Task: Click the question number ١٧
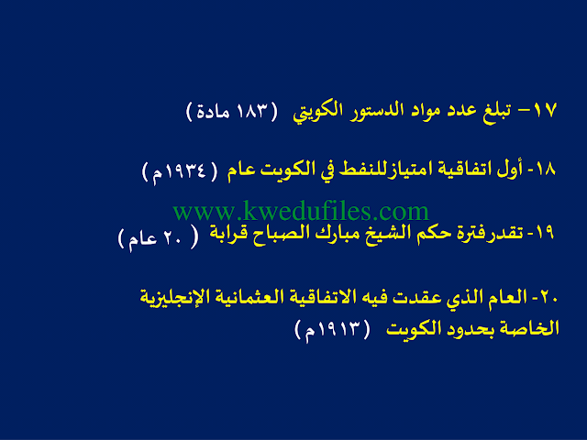545,110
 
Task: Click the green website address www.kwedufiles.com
301,211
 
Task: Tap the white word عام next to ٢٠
143,239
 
